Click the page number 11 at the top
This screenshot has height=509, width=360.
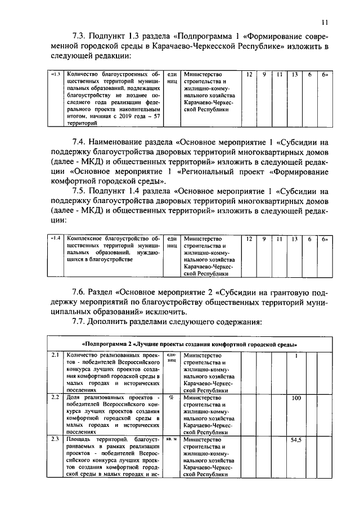coord(325,22)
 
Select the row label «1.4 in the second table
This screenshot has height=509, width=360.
coord(56,239)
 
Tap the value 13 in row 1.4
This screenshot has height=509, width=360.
coord(294,239)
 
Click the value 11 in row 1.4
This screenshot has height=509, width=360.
coord(279,239)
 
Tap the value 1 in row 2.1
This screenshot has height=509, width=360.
coord(296,355)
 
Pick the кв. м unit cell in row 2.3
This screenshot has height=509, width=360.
coord(172,439)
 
